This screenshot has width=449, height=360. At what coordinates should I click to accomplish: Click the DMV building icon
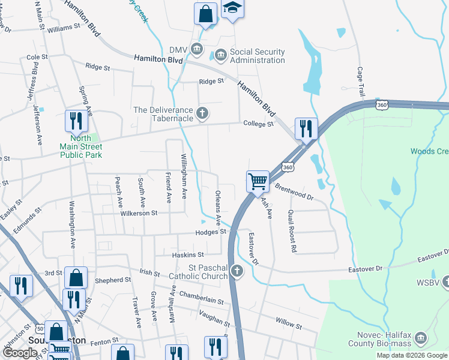pyautogui.click(x=196, y=49)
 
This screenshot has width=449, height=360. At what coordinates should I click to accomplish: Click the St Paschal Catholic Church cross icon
pyautogui.click(x=237, y=271)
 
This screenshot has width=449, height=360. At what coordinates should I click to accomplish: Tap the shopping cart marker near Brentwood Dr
pyautogui.click(x=258, y=181)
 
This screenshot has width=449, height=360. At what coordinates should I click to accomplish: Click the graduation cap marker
pyautogui.click(x=232, y=9)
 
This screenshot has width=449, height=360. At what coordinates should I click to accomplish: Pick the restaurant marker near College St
pyautogui.click(x=306, y=128)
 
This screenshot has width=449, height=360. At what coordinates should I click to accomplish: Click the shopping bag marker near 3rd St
pyautogui.click(x=76, y=277)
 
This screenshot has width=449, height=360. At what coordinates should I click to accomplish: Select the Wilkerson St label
pyautogui.click(x=138, y=212)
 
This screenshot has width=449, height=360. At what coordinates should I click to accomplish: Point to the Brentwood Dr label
pyautogui.click(x=294, y=192)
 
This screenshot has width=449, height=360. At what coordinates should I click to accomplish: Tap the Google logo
pyautogui.click(x=20, y=353)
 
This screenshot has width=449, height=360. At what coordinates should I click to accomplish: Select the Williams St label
pyautogui.click(x=64, y=28)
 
